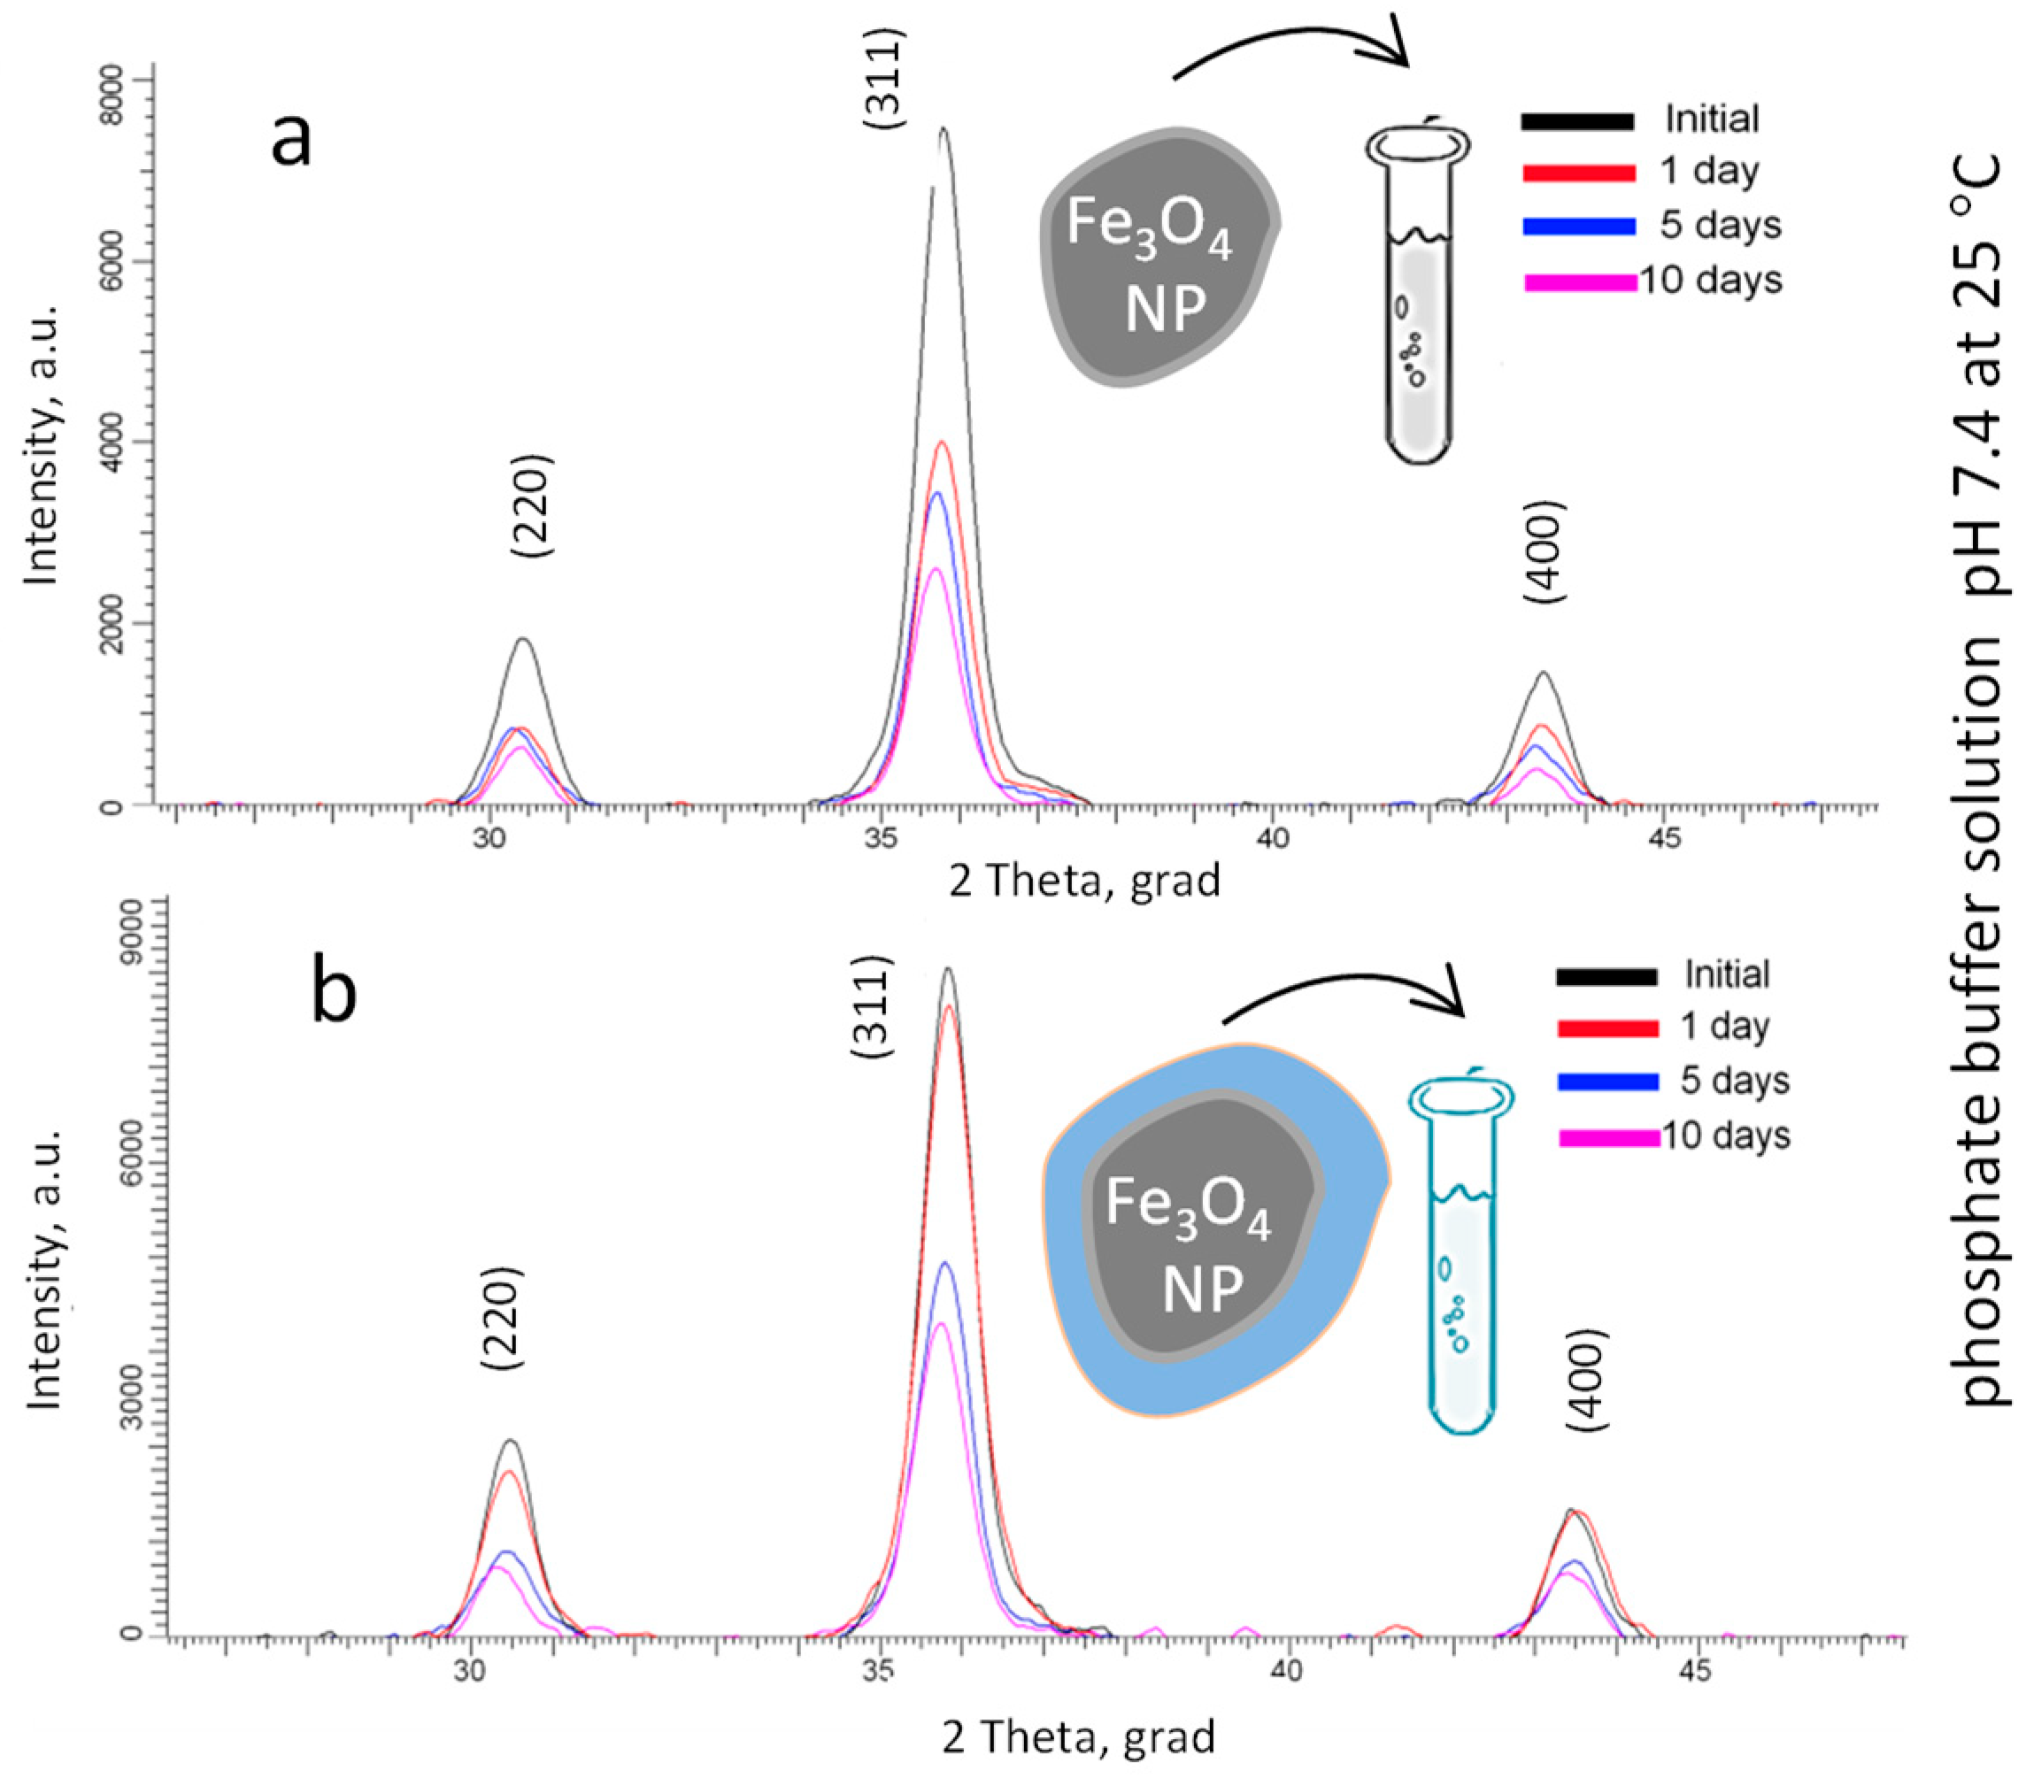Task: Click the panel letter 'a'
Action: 290,140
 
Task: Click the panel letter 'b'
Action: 334,994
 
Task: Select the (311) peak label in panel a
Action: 883,80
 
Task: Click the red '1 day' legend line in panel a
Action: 1578,173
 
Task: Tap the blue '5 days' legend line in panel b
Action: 1607,1082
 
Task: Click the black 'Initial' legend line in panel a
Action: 1577,121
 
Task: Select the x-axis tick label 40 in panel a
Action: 1272,838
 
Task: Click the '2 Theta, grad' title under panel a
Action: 1084,880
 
